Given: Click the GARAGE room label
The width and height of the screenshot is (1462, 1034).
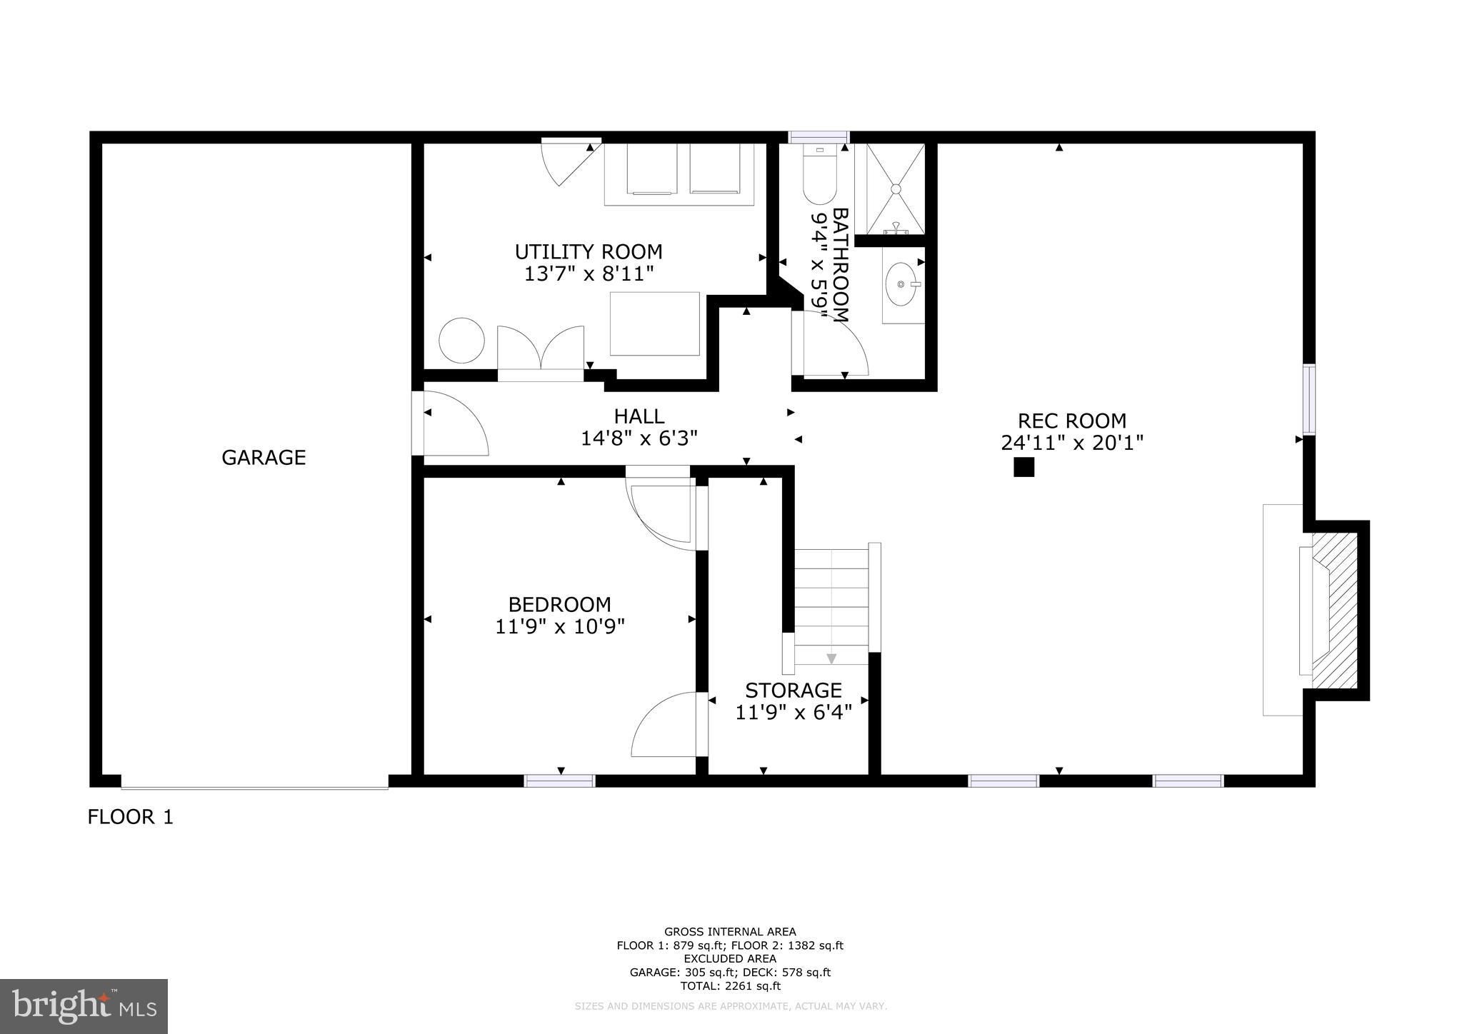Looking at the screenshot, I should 264,457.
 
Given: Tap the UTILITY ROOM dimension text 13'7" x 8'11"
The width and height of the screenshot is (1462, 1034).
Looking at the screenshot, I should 589,273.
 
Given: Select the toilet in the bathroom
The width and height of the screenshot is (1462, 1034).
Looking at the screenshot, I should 819,176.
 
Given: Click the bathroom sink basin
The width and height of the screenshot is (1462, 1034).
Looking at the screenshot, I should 901,283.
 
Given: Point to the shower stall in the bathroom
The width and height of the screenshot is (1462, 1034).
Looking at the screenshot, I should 895,189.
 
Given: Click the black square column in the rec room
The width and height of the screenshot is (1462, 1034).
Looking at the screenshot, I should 1023,467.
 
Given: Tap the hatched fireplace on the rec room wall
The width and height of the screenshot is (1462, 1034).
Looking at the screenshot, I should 1334,611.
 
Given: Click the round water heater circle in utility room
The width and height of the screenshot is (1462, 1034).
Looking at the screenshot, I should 461,340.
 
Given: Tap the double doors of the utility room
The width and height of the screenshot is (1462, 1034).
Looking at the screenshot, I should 541,351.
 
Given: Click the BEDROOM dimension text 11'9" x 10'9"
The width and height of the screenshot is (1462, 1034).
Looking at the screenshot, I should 560,626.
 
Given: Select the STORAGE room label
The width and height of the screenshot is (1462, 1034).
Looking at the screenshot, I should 793,690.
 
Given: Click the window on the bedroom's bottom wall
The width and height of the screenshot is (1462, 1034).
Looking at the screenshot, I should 560,781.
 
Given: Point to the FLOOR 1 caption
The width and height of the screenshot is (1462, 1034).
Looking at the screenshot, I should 130,817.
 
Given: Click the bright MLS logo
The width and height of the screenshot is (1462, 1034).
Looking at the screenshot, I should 84,1006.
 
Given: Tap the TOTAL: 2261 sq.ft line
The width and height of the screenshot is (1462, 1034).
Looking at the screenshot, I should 730,986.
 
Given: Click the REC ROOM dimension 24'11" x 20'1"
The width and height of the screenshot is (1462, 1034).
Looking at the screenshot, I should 1072,443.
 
